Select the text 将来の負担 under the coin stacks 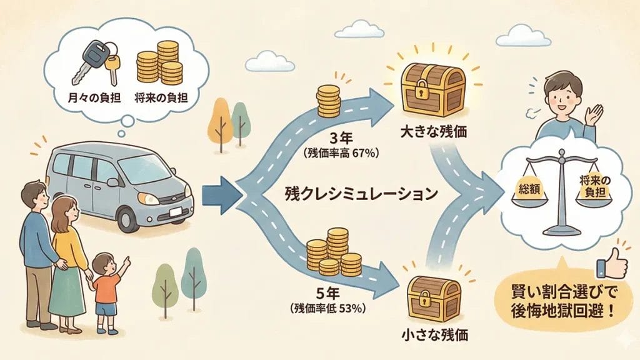pyautogui.click(x=159, y=98)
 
